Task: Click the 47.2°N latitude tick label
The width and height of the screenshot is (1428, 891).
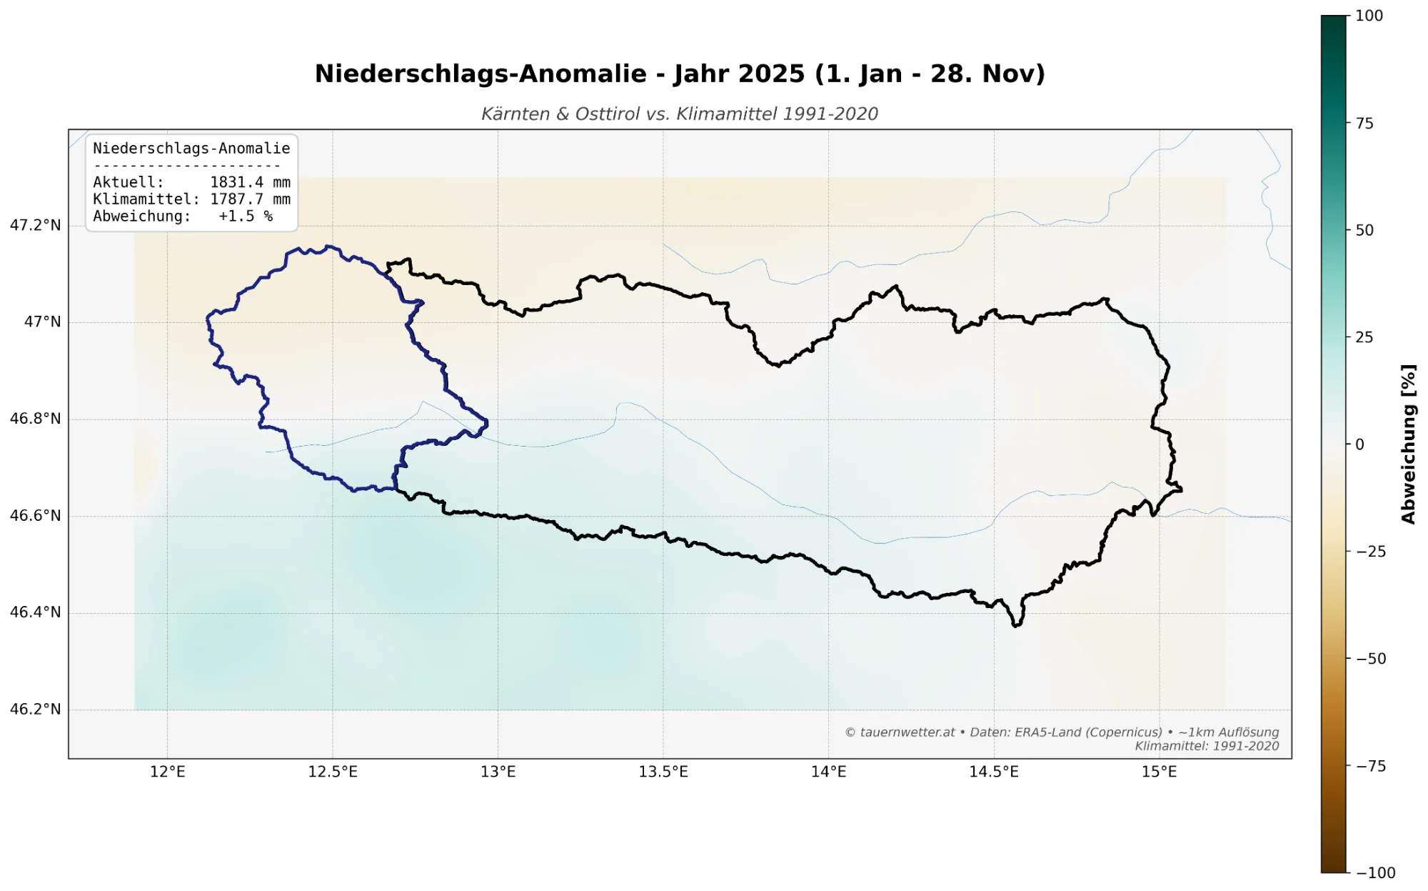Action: [35, 226]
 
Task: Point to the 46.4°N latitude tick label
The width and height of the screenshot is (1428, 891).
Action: [35, 612]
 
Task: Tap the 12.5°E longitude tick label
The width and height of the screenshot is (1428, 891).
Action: [333, 772]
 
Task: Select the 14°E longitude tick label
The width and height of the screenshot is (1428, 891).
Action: [828, 772]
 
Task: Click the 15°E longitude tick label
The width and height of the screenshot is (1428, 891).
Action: [1159, 772]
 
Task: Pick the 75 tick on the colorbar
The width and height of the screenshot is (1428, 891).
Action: [1364, 124]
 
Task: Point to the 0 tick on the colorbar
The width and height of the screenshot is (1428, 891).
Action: [1359, 444]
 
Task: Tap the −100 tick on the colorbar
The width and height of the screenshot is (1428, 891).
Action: [1371, 872]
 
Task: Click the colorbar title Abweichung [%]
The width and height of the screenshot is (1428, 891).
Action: [1408, 444]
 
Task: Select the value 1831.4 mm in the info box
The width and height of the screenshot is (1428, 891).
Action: [250, 183]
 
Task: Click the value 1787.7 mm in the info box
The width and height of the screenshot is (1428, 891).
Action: [250, 199]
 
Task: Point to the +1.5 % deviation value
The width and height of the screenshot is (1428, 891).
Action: [246, 216]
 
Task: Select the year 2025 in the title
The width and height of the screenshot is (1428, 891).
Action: [771, 74]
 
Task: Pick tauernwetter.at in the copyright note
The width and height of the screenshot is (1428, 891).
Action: [907, 732]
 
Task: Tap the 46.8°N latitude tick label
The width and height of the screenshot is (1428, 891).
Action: [35, 419]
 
